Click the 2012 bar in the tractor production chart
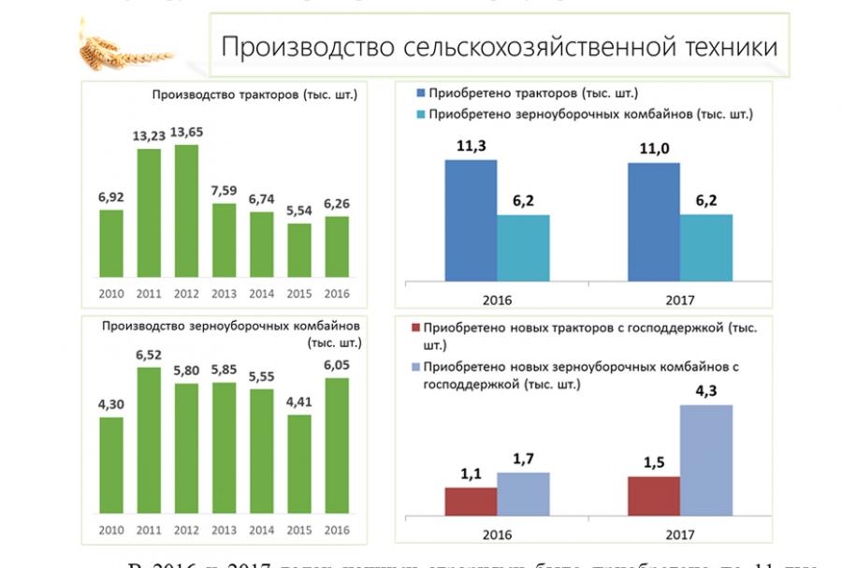click(x=187, y=211)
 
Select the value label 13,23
click(x=150, y=136)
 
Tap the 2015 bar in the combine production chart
click(x=299, y=465)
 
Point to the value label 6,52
click(x=150, y=355)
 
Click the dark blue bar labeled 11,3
click(x=471, y=220)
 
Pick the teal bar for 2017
click(x=706, y=247)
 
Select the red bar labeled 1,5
click(x=654, y=496)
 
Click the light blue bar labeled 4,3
click(x=706, y=459)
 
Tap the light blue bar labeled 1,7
click(x=523, y=493)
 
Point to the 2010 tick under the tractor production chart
click(x=111, y=293)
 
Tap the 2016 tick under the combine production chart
click(x=336, y=531)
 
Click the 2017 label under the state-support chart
click(x=679, y=536)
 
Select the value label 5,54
click(x=299, y=211)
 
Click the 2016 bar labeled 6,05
click(x=336, y=445)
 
